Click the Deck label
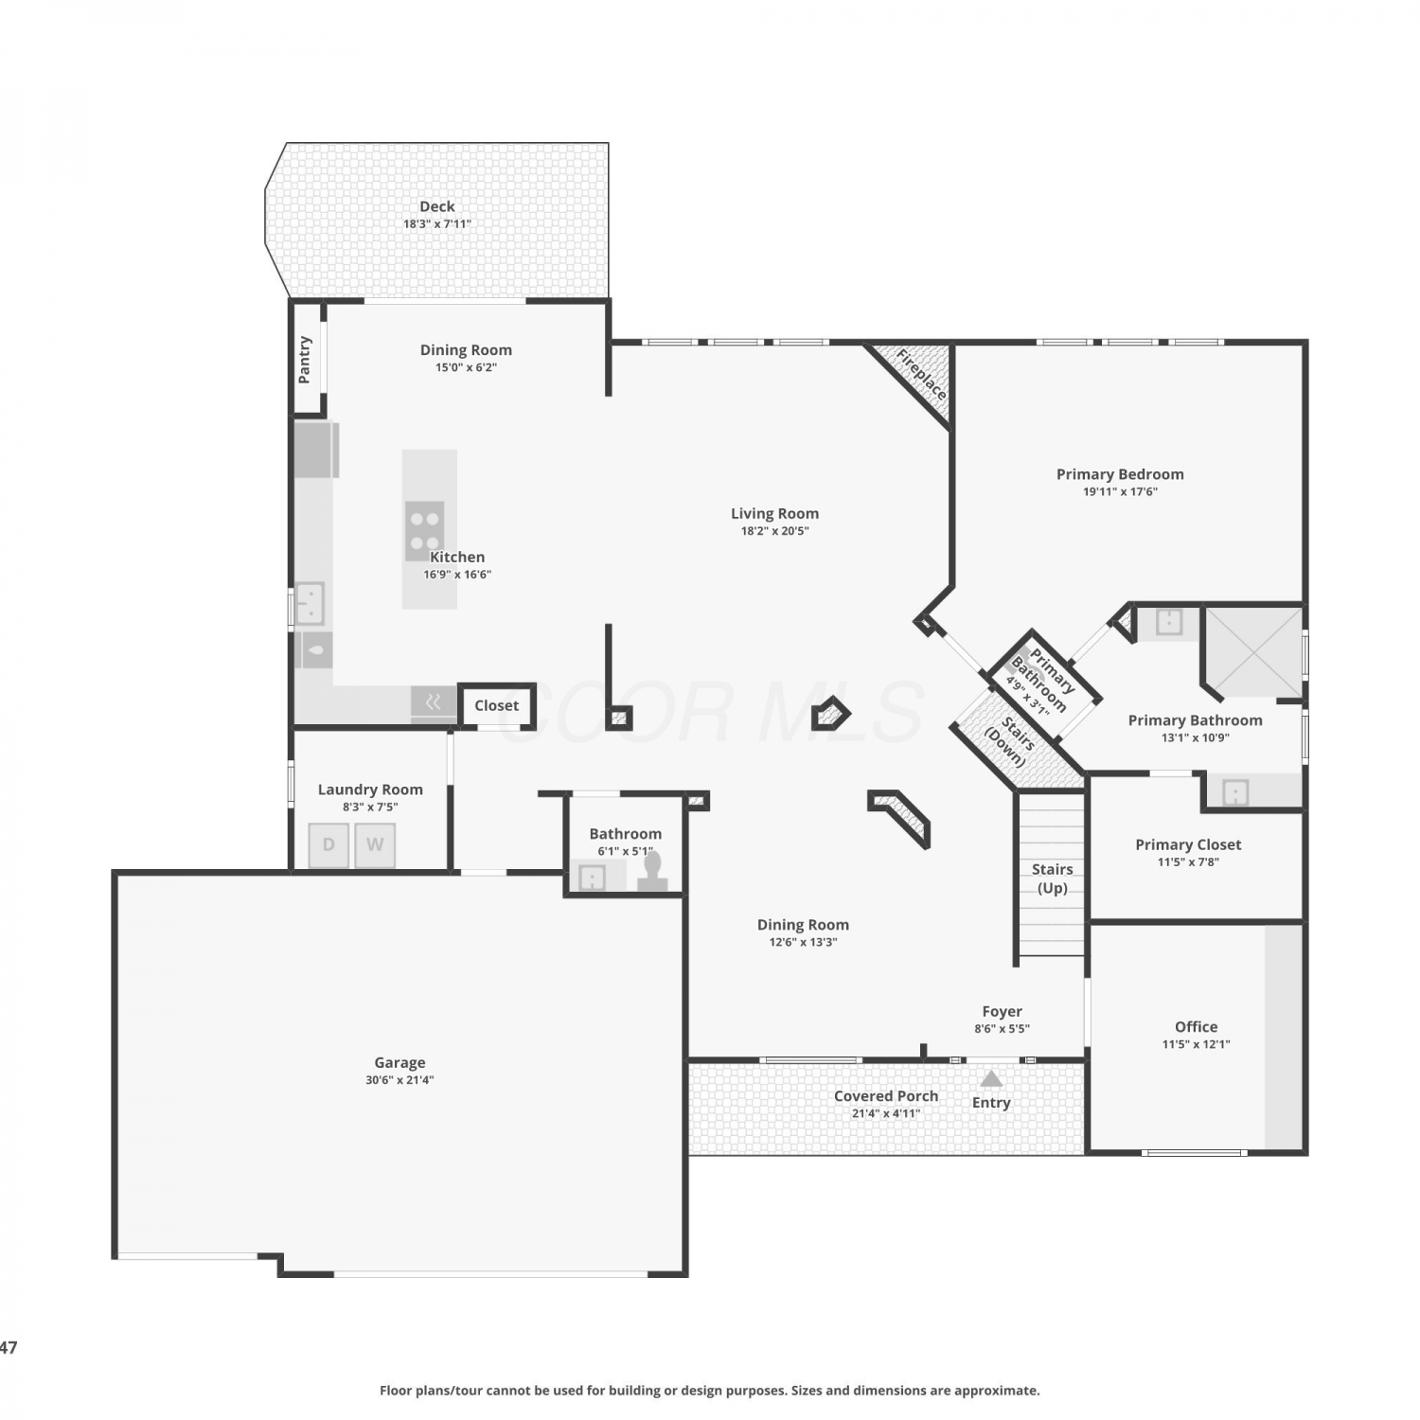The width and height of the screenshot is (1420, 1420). pos(437,206)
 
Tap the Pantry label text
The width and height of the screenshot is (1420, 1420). pos(305,360)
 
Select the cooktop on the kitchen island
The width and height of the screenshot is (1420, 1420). pos(425,530)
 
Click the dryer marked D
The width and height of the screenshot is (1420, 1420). pos(328,845)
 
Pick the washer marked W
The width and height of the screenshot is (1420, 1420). pos(375,845)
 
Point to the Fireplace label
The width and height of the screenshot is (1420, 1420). pos(921,375)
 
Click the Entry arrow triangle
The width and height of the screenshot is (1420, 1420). pos(991,1078)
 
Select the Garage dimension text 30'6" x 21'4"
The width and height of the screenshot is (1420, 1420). pos(399,1080)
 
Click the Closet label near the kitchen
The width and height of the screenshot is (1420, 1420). pos(497,705)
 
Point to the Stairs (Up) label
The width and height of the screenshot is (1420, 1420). pos(1053,879)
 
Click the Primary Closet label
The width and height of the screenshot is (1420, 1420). pos(1188,844)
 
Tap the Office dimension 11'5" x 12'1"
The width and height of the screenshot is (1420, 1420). pos(1197,1044)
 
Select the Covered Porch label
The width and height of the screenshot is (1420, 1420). pos(886,1095)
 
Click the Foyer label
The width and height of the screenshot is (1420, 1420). pos(1003,1011)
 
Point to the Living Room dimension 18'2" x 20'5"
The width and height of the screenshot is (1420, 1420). pos(774,531)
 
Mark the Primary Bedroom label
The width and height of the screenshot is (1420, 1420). pos(1120,474)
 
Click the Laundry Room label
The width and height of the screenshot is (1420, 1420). pos(370,790)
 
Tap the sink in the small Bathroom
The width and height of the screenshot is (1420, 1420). pos(593,878)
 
